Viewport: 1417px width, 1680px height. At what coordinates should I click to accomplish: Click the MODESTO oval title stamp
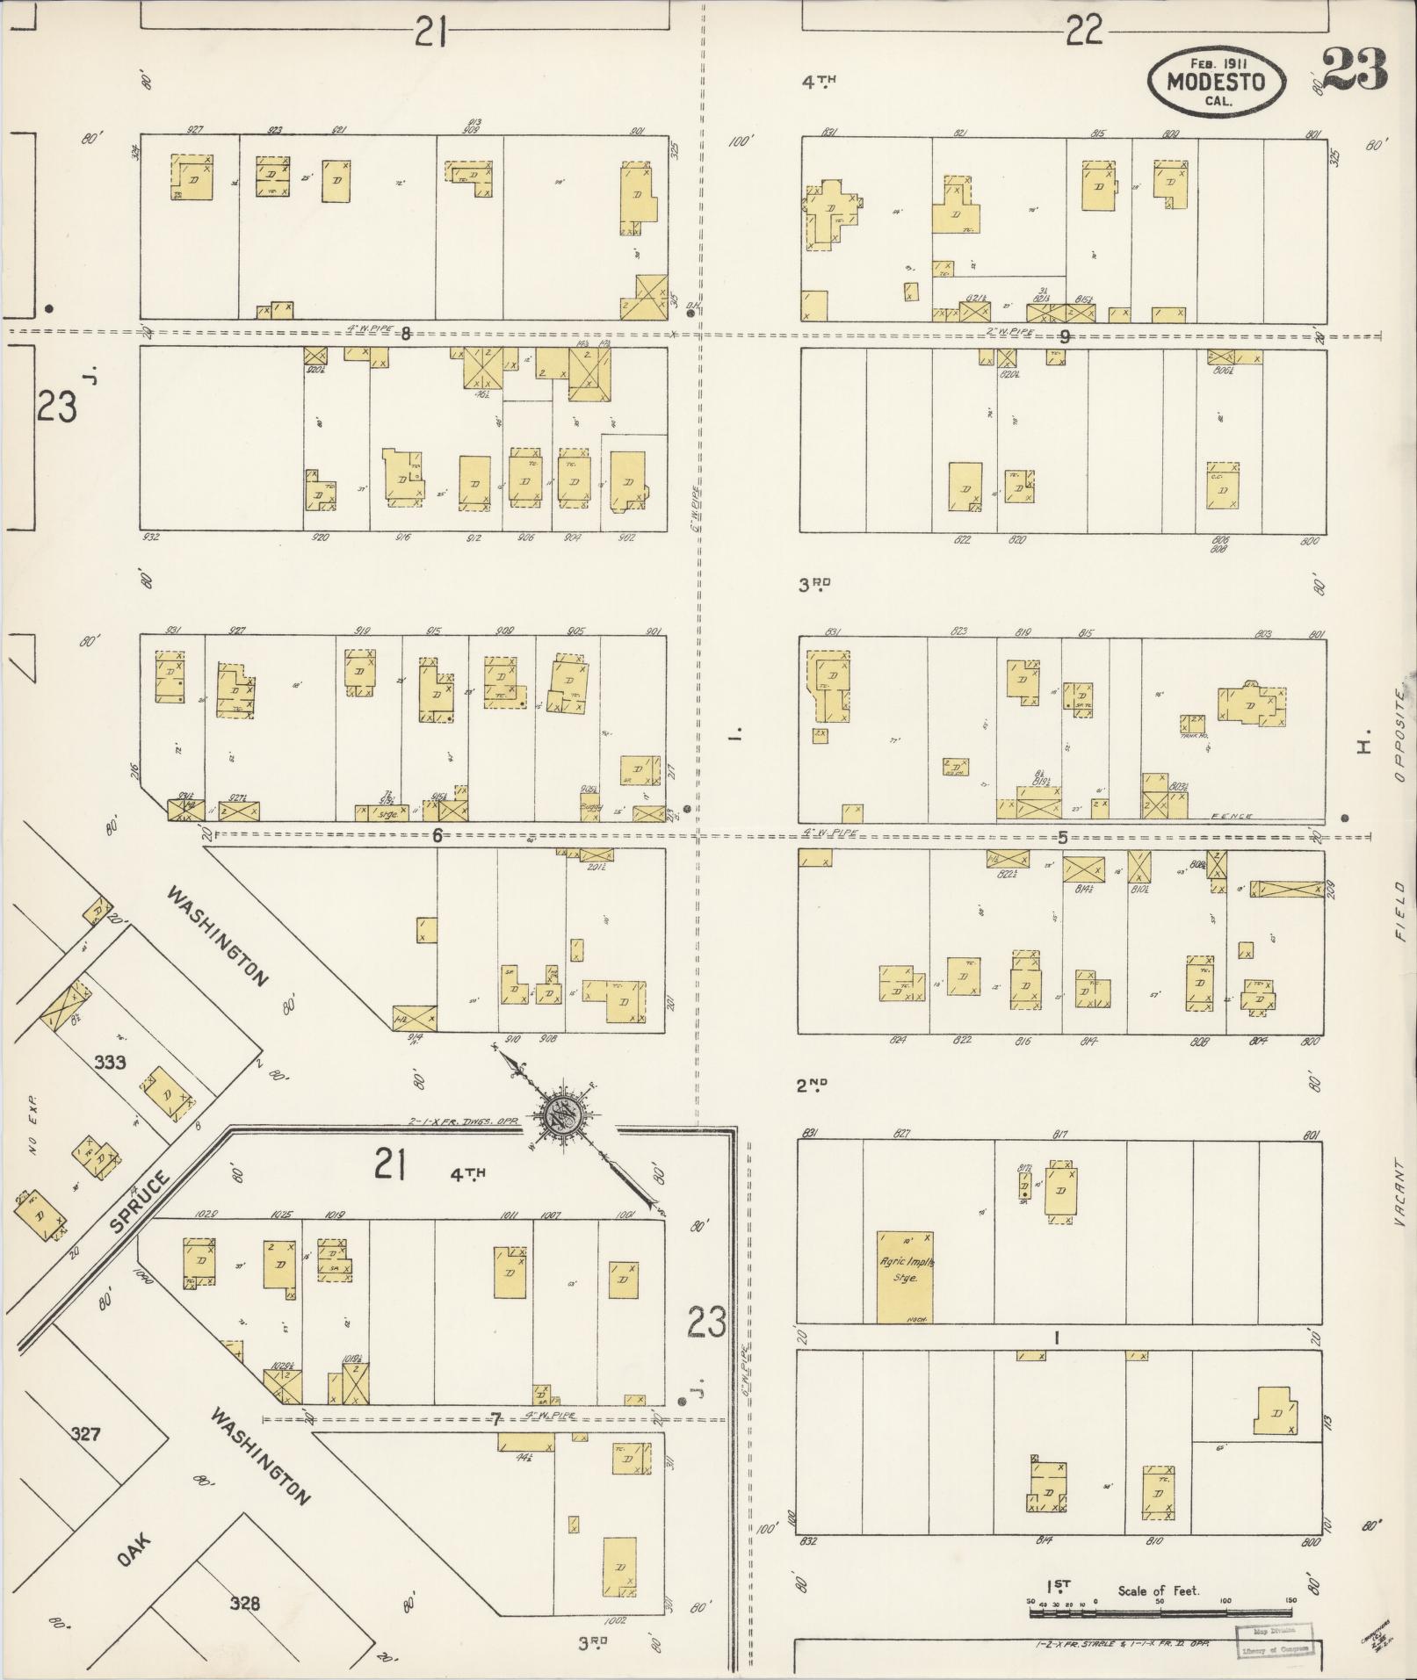tap(1216, 82)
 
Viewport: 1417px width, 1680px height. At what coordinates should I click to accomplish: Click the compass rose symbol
tap(560, 1115)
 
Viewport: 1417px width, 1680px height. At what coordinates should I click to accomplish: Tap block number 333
tap(110, 1062)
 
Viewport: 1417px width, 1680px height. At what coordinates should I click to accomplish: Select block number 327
tap(85, 1434)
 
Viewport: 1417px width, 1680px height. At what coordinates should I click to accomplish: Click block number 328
tap(244, 1604)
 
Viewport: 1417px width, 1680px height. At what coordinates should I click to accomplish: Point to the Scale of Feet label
tap(1158, 1590)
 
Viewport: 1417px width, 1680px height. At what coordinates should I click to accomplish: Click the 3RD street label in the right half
tap(813, 584)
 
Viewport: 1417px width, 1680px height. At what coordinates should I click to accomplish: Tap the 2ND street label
tap(812, 1085)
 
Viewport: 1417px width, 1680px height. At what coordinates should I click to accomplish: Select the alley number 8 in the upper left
tap(405, 333)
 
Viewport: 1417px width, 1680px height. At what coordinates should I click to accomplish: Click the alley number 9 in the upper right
tap(1065, 335)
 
